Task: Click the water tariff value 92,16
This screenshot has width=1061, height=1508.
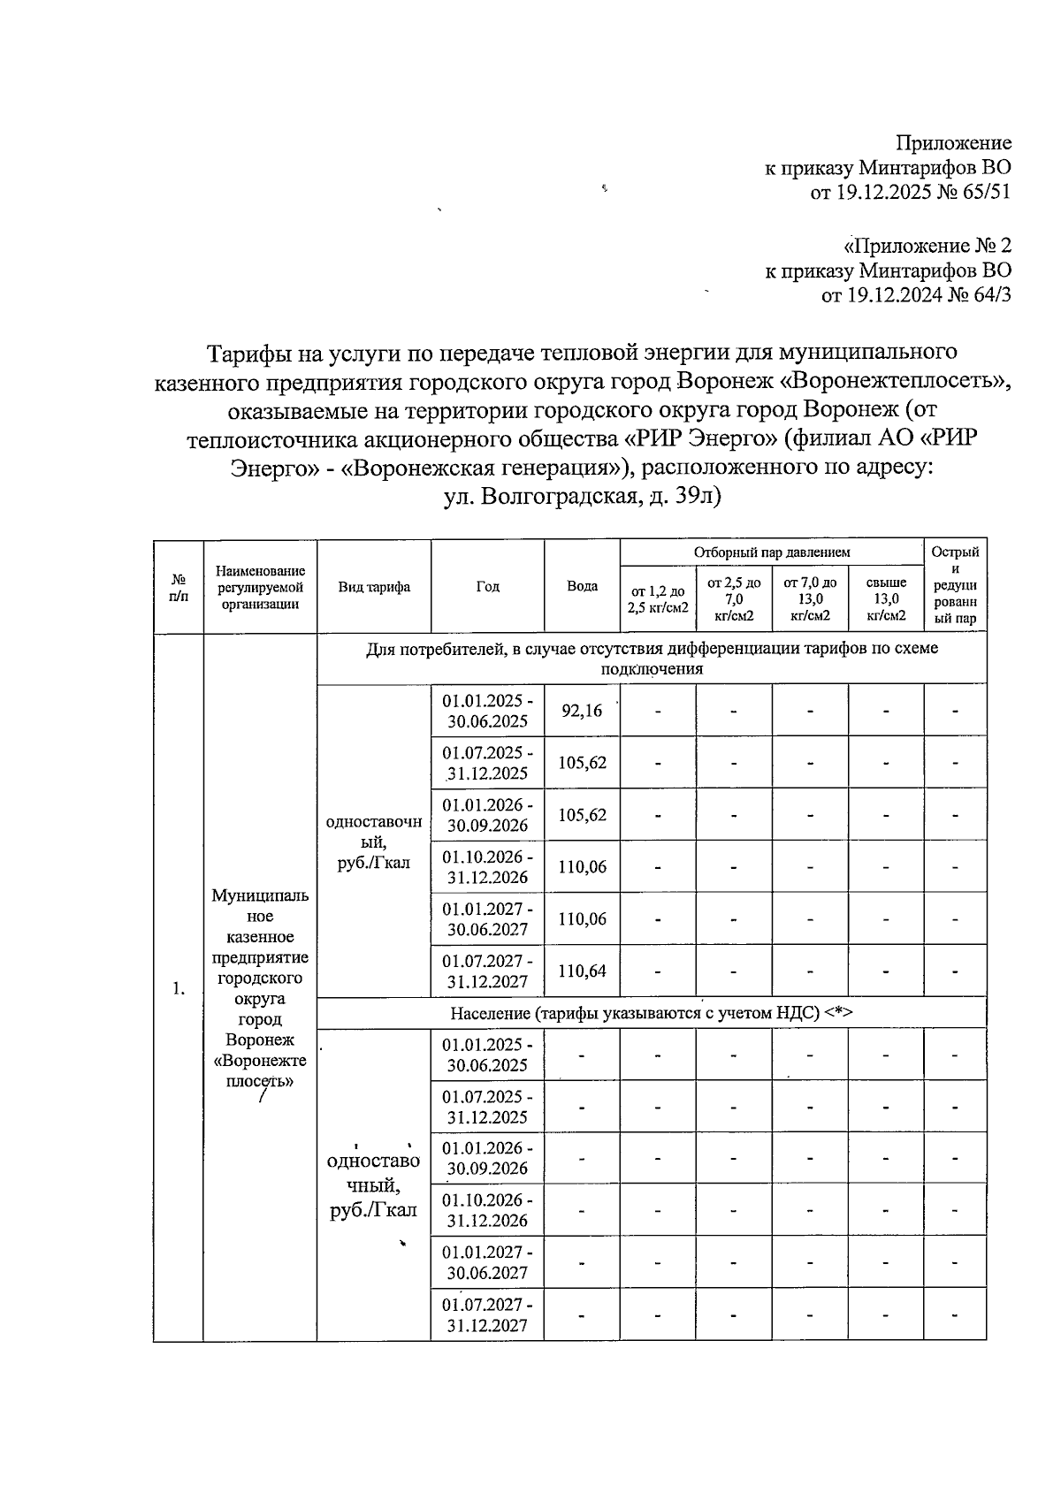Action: (x=581, y=710)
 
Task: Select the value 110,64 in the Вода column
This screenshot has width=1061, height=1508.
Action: (x=581, y=971)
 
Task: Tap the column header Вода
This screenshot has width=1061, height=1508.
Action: (x=581, y=586)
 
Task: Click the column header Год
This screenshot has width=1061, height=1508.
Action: (x=487, y=586)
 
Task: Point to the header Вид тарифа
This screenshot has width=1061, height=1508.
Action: (x=373, y=586)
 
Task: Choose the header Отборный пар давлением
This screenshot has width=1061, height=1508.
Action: (x=772, y=552)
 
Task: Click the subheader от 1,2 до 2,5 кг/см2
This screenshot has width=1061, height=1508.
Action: (x=658, y=599)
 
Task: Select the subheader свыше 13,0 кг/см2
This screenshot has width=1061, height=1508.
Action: (x=886, y=598)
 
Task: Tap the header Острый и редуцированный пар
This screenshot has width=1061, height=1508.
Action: (x=955, y=585)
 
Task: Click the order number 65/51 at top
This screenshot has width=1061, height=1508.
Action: (x=977, y=193)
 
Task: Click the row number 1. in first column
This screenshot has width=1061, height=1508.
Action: (x=179, y=987)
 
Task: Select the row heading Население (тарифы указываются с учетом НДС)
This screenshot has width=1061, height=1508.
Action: (x=651, y=1013)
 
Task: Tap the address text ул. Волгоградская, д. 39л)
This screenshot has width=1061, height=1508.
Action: (x=583, y=497)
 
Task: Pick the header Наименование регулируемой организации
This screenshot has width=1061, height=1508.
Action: (x=260, y=587)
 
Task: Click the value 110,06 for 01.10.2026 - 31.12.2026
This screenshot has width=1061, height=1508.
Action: (x=581, y=866)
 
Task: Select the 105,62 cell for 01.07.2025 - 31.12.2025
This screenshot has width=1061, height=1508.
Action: (x=581, y=762)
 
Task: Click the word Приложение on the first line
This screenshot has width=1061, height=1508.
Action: (x=953, y=143)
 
